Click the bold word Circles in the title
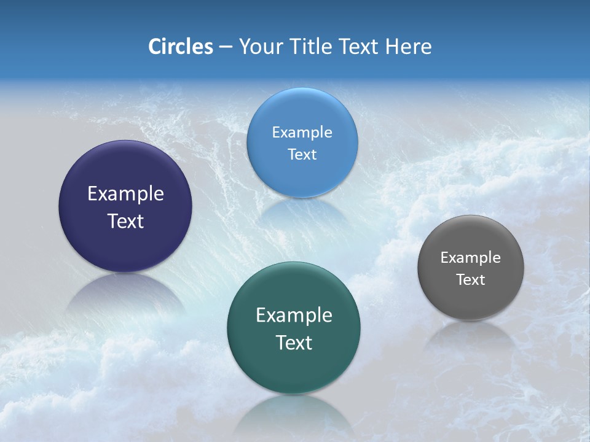[180, 47]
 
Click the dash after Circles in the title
[226, 47]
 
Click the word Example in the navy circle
[125, 194]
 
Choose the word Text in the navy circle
[125, 221]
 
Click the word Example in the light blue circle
[302, 132]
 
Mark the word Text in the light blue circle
[302, 154]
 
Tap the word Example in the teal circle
[294, 315]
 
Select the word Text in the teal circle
[294, 342]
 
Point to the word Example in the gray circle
[470, 257]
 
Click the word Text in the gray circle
[470, 279]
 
